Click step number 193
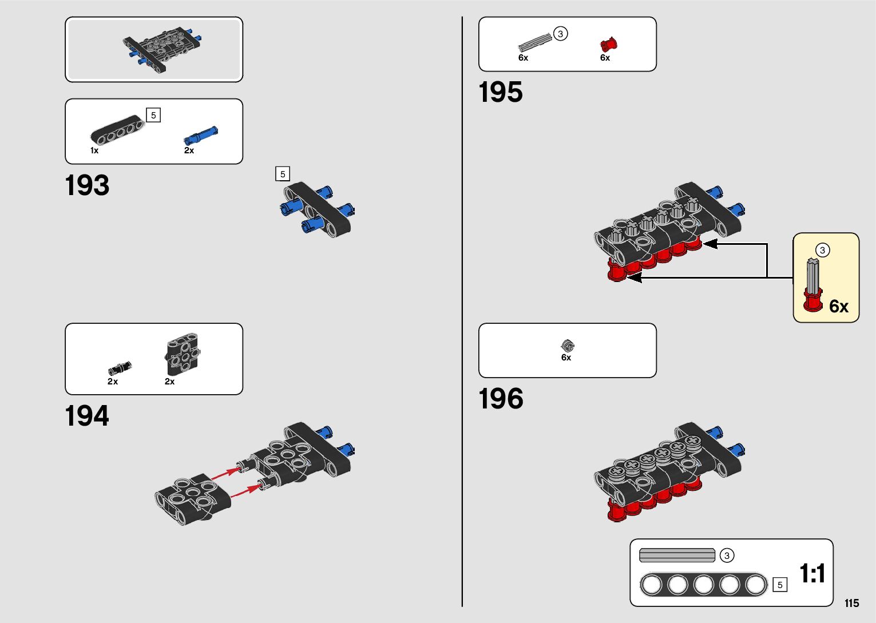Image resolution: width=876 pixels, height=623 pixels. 87,185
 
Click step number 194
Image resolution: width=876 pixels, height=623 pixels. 87,416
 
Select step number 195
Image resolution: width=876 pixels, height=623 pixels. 501,92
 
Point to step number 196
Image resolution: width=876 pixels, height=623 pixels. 501,399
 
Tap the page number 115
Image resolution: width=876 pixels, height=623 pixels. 851,603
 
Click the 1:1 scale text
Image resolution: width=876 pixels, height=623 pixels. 812,573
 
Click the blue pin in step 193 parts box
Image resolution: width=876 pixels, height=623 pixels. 200,136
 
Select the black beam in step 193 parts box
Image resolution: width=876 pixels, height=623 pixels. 117,130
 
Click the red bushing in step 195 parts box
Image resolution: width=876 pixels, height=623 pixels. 608,45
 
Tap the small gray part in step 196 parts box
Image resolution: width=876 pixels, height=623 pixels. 568,345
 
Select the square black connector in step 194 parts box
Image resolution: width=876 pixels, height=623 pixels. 183,354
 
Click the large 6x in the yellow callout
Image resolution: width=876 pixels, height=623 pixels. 838,307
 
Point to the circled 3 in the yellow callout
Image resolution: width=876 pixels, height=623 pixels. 822,250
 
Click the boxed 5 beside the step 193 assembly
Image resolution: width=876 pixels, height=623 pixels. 283,174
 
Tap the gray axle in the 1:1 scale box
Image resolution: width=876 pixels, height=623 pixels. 677,555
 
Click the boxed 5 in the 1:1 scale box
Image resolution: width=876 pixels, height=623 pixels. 779,585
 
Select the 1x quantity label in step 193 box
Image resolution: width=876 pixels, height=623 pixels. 94,150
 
